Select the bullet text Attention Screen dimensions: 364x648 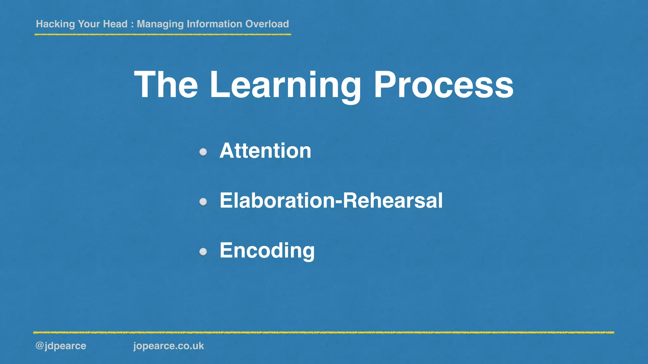tap(265, 151)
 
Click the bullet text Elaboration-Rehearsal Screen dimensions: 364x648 tap(331, 201)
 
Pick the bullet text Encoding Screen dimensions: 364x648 tap(267, 251)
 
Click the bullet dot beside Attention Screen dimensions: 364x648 tap(203, 152)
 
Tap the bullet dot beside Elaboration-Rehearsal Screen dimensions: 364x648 tap(203, 202)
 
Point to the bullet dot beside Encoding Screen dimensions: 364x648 tap(203, 252)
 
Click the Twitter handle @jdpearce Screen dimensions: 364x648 tap(61, 346)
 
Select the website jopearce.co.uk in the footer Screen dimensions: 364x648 tap(169, 346)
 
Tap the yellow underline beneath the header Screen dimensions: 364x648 tap(163, 34)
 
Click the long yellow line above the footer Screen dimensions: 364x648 tap(323, 332)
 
